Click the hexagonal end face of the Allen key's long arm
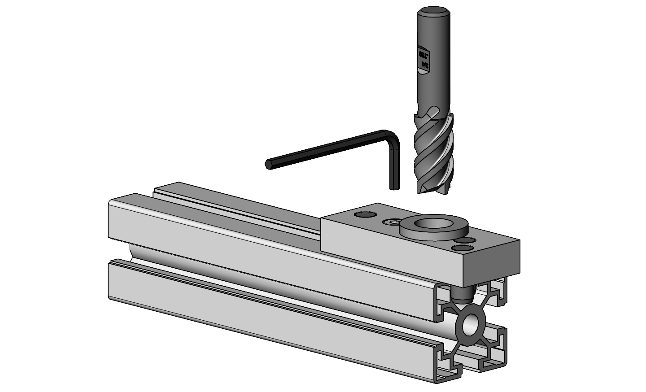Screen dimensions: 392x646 [268, 164]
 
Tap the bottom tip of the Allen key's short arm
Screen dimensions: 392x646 [393, 188]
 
